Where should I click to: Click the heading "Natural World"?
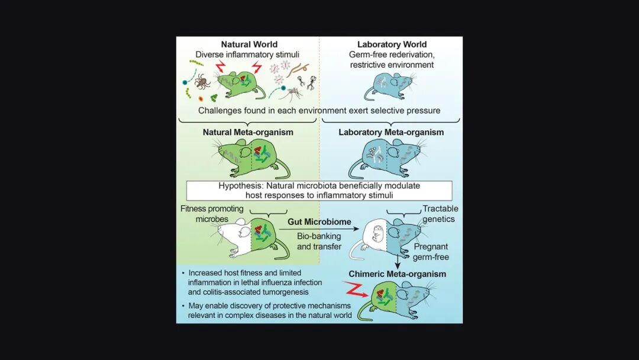click(x=249, y=44)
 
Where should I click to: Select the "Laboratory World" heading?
click(x=391, y=44)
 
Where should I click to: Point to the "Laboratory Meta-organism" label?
click(x=391, y=132)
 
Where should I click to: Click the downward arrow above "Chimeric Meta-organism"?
click(x=398, y=260)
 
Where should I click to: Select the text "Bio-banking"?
click(x=319, y=236)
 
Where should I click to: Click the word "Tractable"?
click(x=440, y=209)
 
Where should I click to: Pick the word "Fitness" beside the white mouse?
click(x=196, y=209)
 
